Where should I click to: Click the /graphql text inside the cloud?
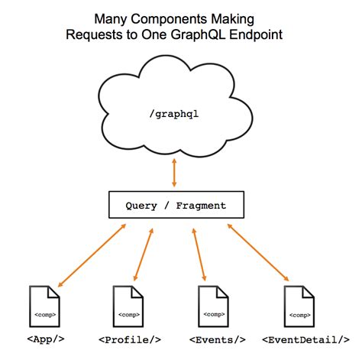tap(176, 113)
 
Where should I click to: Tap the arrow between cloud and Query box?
tap(175, 174)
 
